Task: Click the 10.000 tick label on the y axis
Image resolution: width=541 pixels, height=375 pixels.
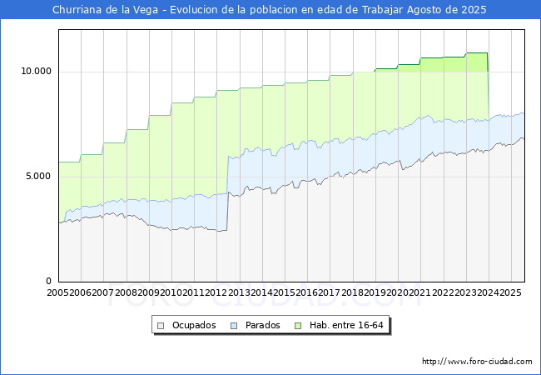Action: click(x=36, y=72)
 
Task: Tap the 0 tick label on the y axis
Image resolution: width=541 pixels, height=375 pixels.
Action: click(x=48, y=282)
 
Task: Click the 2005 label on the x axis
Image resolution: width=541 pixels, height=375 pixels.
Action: click(x=58, y=292)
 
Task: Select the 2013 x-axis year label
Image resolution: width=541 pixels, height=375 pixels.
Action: click(x=239, y=292)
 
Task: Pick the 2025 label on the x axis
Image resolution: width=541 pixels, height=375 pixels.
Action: click(x=510, y=292)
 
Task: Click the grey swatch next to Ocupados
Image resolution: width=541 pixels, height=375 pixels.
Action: click(x=161, y=325)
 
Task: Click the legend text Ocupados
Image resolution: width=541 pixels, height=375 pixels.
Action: click(x=194, y=325)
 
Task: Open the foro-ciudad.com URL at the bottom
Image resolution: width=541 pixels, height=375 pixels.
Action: click(x=477, y=362)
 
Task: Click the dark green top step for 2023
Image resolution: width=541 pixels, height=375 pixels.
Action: click(x=477, y=52)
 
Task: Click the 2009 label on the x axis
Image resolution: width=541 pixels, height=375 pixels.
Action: click(x=149, y=292)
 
